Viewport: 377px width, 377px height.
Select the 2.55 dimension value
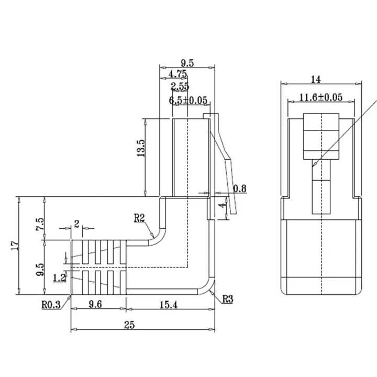click(180, 86)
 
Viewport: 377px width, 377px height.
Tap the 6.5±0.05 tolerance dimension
click(188, 100)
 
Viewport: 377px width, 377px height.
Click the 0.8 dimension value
click(240, 188)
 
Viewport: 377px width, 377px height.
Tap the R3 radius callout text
click(227, 299)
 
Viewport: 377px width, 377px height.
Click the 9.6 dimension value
click(97, 304)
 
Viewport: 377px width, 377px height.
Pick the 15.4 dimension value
click(169, 304)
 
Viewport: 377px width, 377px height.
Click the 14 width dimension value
click(315, 79)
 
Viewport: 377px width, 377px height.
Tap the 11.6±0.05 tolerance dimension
click(320, 97)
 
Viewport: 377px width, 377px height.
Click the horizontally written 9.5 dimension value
click(186, 63)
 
